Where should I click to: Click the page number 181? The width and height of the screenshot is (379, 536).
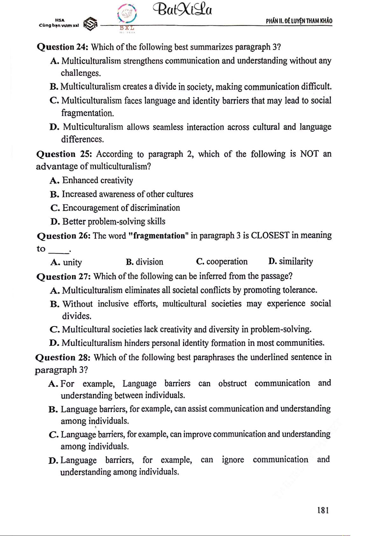[323, 510]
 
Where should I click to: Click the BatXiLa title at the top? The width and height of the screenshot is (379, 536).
[182, 10]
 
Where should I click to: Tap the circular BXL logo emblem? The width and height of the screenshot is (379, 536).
[127, 14]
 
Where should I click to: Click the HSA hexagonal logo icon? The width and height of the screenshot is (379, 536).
[90, 24]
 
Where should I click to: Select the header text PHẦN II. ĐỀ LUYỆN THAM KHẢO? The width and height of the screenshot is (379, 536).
[299, 21]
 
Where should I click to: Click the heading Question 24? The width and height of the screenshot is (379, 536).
[62, 47]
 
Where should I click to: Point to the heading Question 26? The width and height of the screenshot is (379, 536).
[64, 236]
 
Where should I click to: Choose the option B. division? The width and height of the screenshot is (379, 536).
[145, 262]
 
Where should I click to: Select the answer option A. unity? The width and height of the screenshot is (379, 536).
[66, 262]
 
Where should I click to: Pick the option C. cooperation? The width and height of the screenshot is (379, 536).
[222, 261]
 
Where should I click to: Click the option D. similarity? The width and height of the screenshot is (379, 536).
[291, 261]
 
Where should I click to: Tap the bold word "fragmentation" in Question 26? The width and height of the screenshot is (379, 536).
[158, 236]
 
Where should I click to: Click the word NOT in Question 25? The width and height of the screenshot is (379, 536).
[309, 154]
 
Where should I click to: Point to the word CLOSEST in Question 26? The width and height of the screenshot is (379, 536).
[270, 235]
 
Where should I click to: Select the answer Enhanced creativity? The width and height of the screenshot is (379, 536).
[97, 180]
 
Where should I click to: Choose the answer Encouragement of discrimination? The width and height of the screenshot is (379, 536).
[121, 208]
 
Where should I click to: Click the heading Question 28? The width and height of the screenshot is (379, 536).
[63, 358]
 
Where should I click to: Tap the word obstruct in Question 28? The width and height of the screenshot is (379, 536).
[232, 383]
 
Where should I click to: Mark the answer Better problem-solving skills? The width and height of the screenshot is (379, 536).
[114, 221]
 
